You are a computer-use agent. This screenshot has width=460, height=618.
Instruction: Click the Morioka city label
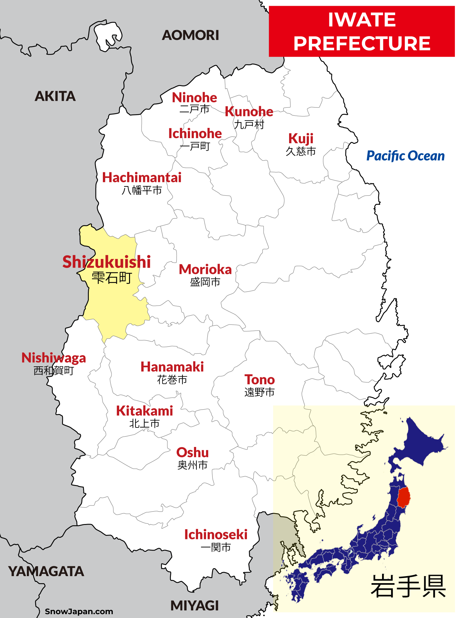tap(205, 270)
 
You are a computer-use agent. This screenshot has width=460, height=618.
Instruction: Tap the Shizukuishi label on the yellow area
tap(107, 262)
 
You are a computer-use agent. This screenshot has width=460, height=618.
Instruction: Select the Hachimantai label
tap(142, 178)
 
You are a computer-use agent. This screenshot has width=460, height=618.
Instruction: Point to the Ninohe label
tap(194, 98)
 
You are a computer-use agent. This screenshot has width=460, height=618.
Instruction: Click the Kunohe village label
tap(249, 112)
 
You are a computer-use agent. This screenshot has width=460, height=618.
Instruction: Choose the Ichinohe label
tap(195, 134)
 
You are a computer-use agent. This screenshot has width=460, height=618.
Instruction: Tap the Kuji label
tap(301, 139)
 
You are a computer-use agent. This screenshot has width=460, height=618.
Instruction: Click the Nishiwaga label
tap(54, 358)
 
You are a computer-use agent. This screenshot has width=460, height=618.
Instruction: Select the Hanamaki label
tap(172, 367)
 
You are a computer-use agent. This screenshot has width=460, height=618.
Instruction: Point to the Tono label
tap(259, 380)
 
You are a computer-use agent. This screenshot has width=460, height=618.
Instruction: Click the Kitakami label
tap(144, 411)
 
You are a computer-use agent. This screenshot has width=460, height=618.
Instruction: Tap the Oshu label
tap(192, 453)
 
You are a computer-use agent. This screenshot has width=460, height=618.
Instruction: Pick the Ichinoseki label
tap(216, 535)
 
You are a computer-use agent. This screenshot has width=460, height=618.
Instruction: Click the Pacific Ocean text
tap(405, 156)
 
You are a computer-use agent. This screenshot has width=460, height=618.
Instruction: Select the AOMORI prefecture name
tap(190, 35)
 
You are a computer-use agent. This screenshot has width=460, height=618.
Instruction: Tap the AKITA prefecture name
tap(55, 96)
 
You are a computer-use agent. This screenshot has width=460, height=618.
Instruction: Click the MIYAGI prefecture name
tap(195, 606)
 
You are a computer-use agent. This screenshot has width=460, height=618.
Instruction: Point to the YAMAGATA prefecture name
tap(46, 571)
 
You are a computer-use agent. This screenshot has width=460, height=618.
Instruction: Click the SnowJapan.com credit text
tap(79, 611)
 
